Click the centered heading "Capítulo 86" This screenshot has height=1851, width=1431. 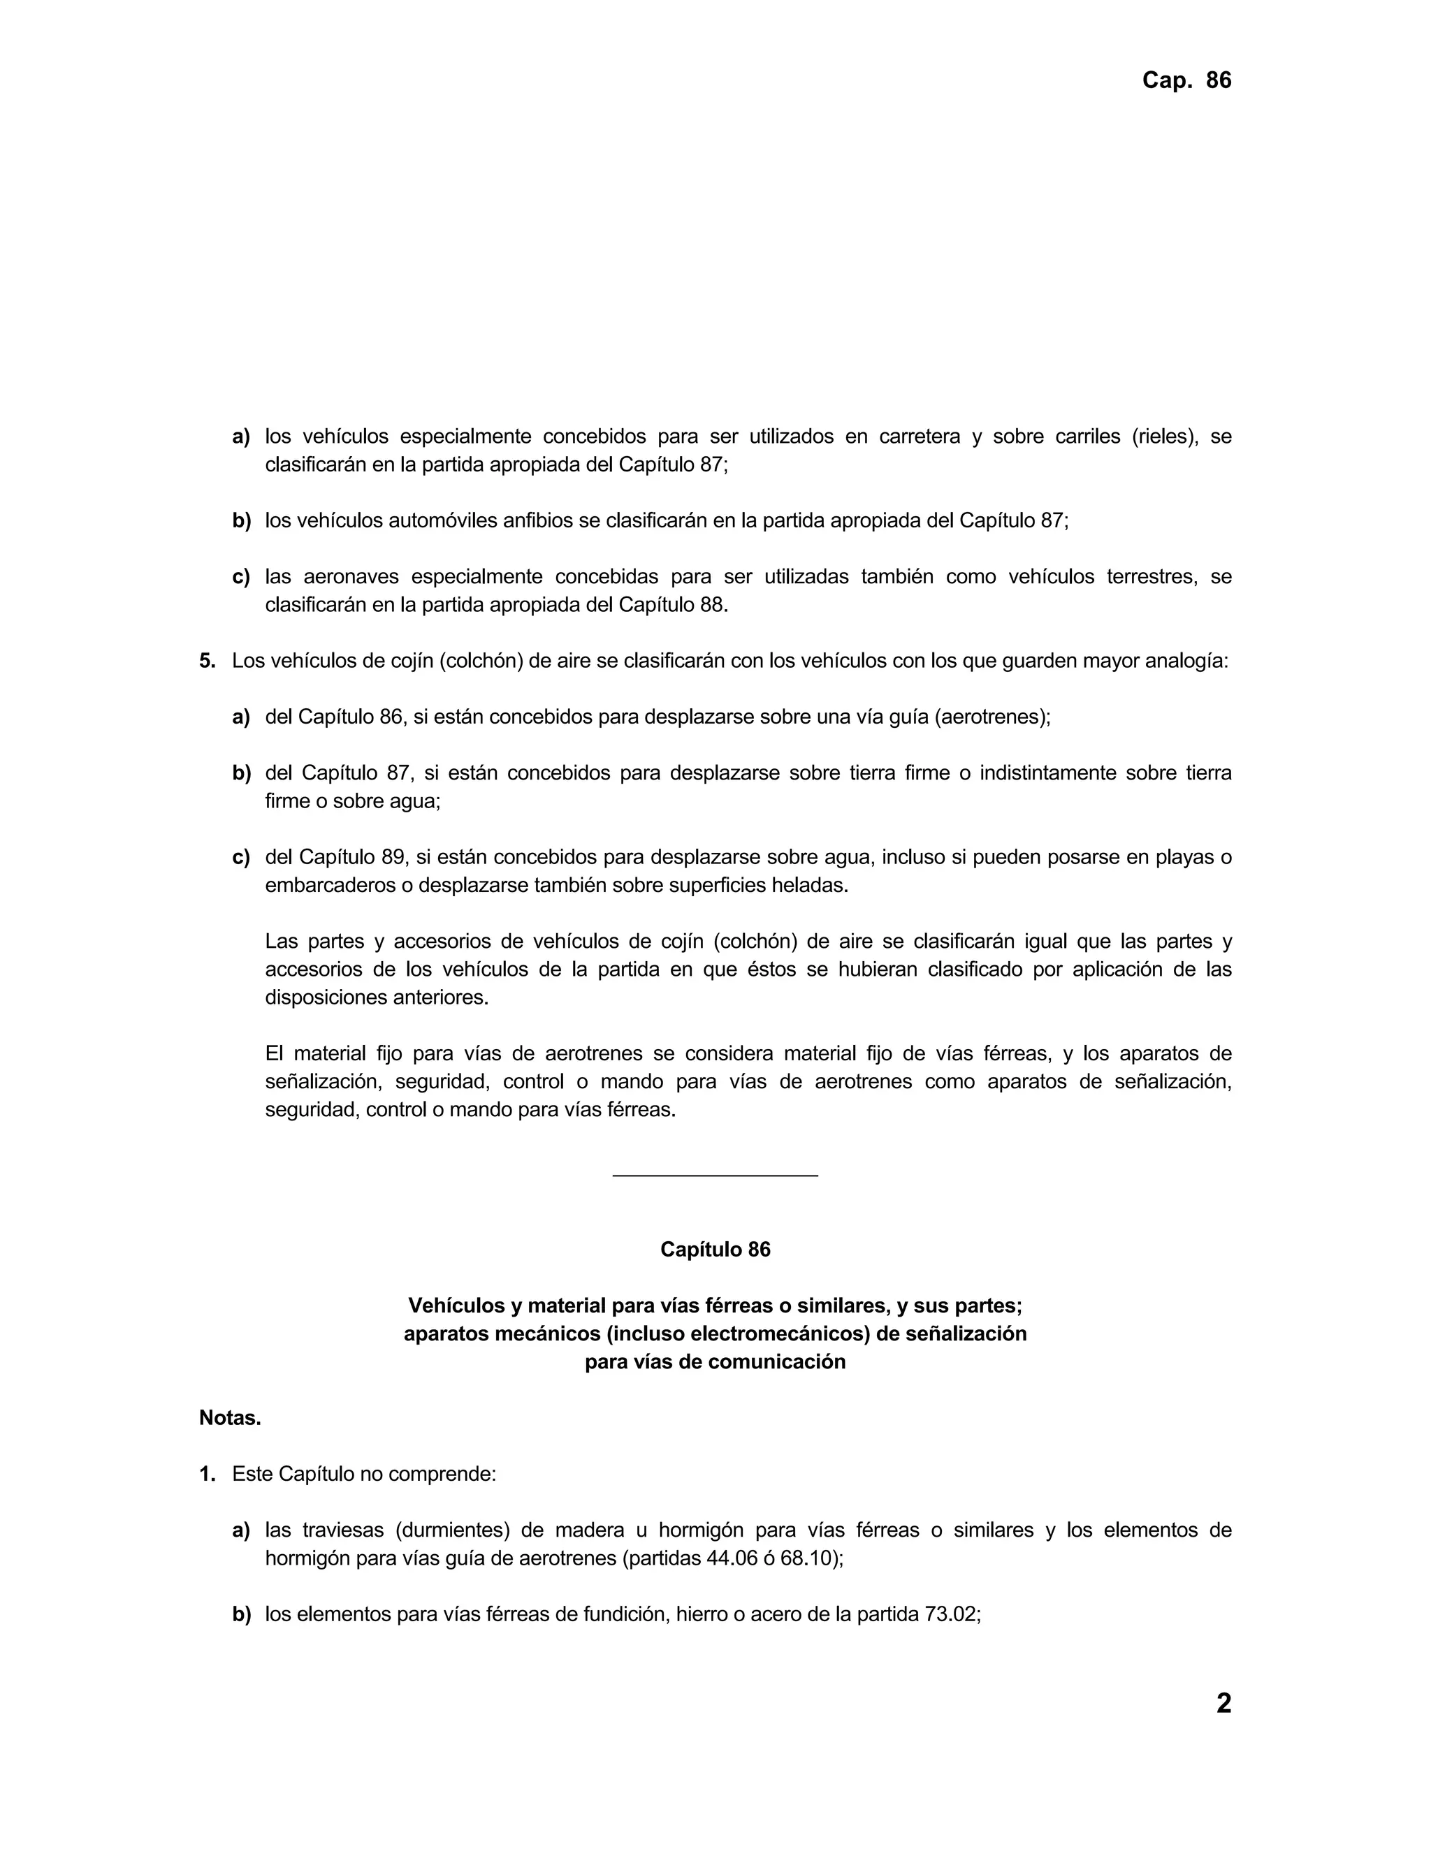click(715, 1250)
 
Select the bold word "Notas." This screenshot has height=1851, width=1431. click(230, 1418)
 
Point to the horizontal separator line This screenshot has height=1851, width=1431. click(715, 1176)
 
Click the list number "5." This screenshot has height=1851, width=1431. click(208, 661)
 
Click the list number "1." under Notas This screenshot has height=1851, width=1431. click(208, 1474)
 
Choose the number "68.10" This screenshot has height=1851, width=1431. click(808, 1558)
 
